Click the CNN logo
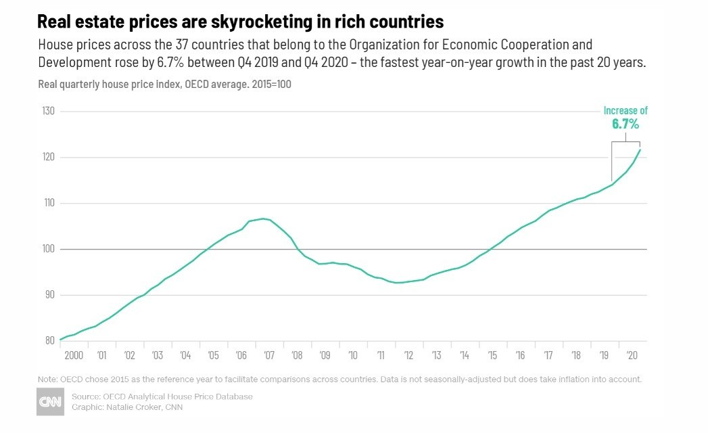50,402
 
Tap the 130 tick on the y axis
48,111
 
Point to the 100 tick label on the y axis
48,249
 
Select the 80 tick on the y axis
49,340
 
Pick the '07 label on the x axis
268,355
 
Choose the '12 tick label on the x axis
408,355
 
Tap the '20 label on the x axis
632,355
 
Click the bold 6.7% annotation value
626,124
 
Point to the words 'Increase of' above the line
626,111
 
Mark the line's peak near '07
262,218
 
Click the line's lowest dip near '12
399,283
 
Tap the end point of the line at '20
640,149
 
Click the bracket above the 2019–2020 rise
626,141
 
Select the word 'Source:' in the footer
85,396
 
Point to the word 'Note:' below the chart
48,379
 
